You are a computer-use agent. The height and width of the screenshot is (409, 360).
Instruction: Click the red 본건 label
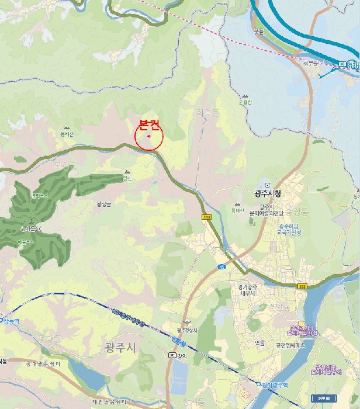point(150,124)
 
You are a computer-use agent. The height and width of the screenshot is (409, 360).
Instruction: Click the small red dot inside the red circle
point(149,137)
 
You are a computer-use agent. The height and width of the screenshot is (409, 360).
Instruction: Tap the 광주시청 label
point(268,193)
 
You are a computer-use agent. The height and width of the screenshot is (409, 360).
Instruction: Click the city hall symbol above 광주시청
point(267,185)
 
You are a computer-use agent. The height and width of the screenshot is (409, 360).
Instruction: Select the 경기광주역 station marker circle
point(258,383)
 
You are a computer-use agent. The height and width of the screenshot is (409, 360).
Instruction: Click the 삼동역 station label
point(11,321)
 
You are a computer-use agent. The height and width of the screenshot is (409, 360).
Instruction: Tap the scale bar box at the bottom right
point(321,398)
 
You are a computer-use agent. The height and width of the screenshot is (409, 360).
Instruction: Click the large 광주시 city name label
point(120,348)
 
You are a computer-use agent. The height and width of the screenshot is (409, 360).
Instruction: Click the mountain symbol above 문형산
point(245,96)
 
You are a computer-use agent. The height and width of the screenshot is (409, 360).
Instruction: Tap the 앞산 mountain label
point(127,178)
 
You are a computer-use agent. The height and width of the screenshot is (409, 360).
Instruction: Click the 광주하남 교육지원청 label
point(289,229)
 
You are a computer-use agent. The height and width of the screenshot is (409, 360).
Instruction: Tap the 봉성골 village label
point(103,203)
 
